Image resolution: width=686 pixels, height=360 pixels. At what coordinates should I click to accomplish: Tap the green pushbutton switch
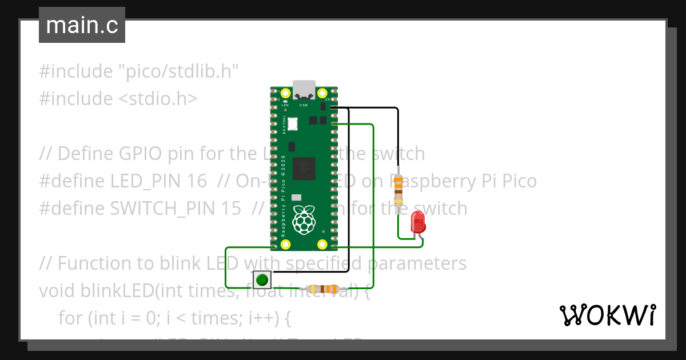click(262, 280)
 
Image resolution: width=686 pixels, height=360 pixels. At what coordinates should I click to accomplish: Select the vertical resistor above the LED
click(398, 189)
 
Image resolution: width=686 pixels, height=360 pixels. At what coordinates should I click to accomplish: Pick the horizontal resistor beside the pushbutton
click(322, 289)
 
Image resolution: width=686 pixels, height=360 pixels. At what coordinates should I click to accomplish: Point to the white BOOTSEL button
click(293, 123)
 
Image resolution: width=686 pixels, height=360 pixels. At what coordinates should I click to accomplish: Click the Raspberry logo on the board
click(304, 219)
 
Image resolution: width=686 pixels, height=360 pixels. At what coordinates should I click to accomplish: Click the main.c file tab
click(82, 26)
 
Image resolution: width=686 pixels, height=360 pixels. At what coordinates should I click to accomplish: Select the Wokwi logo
click(607, 315)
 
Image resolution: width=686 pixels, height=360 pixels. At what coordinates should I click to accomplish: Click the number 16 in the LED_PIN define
click(197, 181)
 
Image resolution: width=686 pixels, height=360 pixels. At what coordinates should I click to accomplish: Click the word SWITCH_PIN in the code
click(162, 209)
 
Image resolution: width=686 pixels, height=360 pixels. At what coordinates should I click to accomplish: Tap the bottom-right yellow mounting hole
click(322, 245)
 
